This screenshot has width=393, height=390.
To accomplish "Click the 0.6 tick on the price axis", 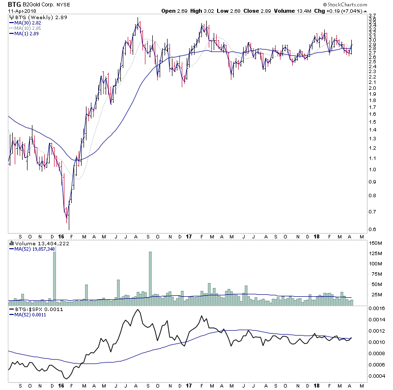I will point(374,229).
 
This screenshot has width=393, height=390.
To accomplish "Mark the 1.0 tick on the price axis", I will point(374,169).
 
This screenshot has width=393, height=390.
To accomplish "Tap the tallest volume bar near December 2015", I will point(54,274).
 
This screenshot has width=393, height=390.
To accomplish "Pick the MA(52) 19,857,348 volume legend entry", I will point(35,249).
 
